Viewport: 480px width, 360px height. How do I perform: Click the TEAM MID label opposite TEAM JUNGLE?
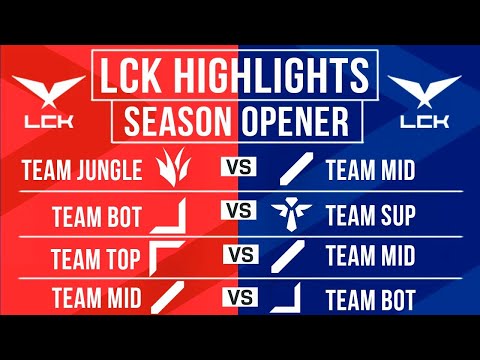(x=370, y=170)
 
